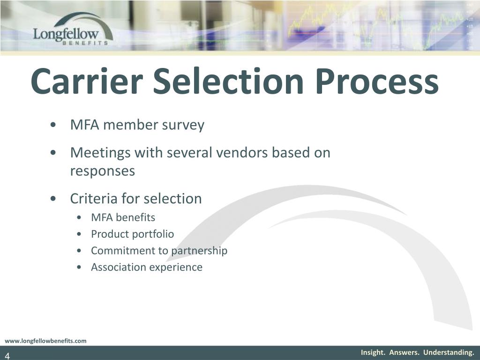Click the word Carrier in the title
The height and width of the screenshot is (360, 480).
87,81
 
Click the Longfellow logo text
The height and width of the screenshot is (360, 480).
66,34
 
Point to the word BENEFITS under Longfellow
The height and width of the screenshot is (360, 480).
85,43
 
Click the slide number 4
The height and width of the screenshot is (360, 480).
7,356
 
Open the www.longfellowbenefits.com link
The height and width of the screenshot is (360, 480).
45,341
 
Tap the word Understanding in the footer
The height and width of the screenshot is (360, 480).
449,352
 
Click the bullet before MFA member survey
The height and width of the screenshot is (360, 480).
53,125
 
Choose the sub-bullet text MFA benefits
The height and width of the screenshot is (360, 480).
123,217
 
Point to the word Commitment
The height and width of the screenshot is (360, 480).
124,250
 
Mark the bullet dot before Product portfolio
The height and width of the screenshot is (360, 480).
79,234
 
